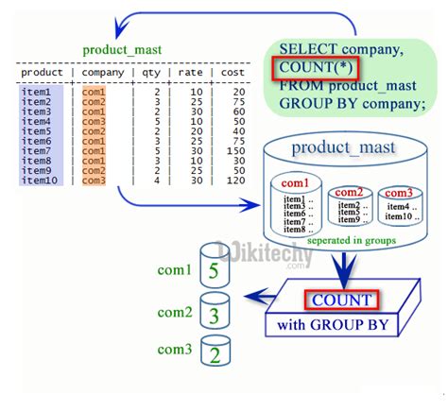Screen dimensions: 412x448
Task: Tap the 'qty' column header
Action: click(152, 72)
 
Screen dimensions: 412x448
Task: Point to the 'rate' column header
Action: click(192, 72)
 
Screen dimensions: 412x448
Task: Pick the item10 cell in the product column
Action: click(38, 180)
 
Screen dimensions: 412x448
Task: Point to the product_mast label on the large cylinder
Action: click(336, 147)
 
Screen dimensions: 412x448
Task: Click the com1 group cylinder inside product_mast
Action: click(295, 201)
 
